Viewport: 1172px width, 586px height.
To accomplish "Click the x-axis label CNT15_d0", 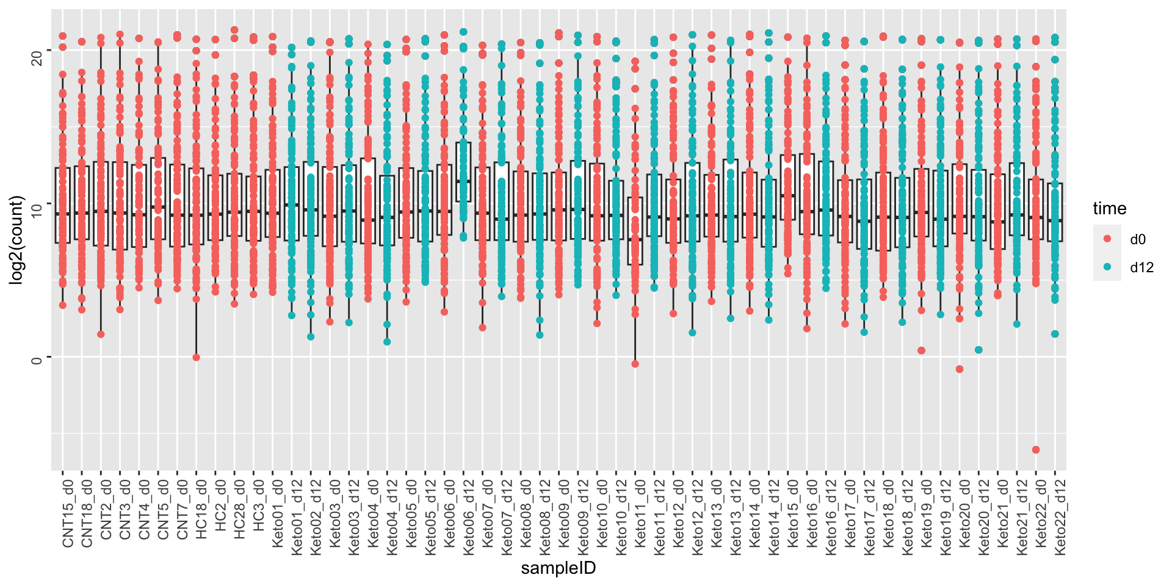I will point(68,513).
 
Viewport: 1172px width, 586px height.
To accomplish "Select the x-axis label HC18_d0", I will point(201,513).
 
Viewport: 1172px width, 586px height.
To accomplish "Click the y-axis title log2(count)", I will point(16,240).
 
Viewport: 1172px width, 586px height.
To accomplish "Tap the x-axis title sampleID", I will point(558,568).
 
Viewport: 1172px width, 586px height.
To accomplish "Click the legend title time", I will point(1109,209).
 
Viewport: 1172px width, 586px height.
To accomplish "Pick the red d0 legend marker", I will point(1107,239).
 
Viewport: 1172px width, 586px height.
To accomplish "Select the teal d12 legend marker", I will point(1107,267).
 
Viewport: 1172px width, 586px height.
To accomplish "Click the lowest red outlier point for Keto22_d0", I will point(1036,450).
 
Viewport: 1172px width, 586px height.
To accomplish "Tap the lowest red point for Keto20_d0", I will point(960,369).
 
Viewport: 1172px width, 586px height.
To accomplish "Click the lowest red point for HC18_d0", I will point(196,358).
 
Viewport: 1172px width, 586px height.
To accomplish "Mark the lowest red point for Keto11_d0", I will point(635,364).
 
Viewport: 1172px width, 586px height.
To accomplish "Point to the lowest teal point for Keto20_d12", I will point(978,350).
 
